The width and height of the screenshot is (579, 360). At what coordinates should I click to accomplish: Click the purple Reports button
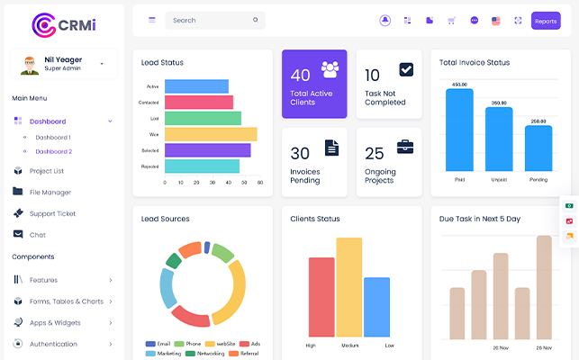tap(546, 21)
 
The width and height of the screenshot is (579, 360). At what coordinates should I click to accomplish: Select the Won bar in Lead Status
tap(211, 134)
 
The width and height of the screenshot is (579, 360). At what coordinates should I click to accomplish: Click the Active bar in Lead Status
tap(196, 86)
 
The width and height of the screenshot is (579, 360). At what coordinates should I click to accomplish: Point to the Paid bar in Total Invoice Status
tap(459, 130)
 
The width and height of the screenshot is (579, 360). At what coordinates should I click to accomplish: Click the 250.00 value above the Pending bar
tap(538, 121)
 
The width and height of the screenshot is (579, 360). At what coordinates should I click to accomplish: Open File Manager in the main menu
tap(50, 192)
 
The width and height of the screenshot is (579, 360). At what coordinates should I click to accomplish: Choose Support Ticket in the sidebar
tap(52, 213)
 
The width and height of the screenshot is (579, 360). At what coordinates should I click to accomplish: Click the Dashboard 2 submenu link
tap(53, 151)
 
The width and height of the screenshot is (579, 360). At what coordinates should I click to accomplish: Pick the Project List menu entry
tap(46, 170)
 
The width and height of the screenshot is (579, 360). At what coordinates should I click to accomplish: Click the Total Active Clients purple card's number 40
tap(300, 76)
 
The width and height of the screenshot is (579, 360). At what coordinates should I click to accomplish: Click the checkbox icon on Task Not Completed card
tap(406, 69)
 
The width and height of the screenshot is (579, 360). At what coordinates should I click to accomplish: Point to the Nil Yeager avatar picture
tap(27, 64)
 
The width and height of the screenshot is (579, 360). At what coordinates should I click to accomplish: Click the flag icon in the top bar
tap(496, 21)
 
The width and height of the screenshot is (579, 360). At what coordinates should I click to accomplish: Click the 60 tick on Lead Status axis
tap(260, 182)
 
